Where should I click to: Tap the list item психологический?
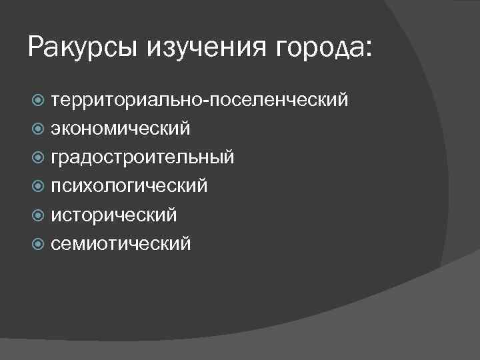129,186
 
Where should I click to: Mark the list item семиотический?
121,243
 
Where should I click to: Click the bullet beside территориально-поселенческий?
39,101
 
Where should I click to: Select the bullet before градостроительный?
39,158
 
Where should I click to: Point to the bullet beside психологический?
39,187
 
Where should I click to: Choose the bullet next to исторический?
39,215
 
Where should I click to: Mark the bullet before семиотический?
39,244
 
